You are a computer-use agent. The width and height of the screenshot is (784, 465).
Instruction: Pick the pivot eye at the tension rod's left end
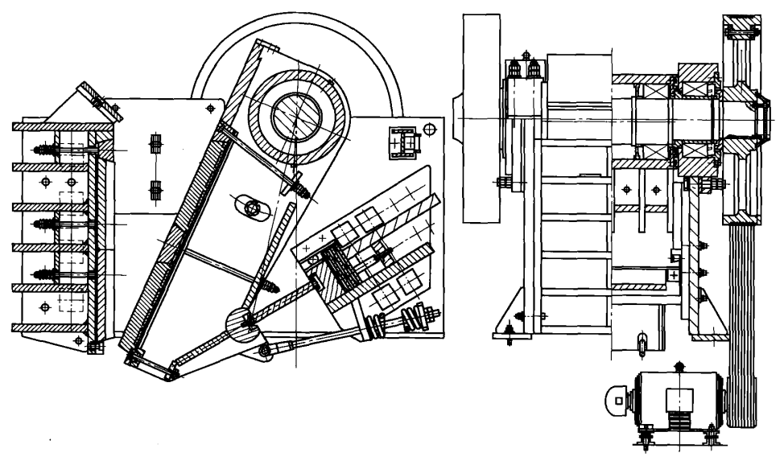click(262, 351)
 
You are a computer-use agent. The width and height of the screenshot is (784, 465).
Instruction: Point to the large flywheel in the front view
click(484, 121)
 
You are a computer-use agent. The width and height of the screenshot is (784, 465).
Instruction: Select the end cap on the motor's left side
click(618, 397)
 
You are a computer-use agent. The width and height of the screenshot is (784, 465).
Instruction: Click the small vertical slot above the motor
click(641, 341)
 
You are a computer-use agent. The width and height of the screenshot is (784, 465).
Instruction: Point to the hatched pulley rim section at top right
click(741, 28)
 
